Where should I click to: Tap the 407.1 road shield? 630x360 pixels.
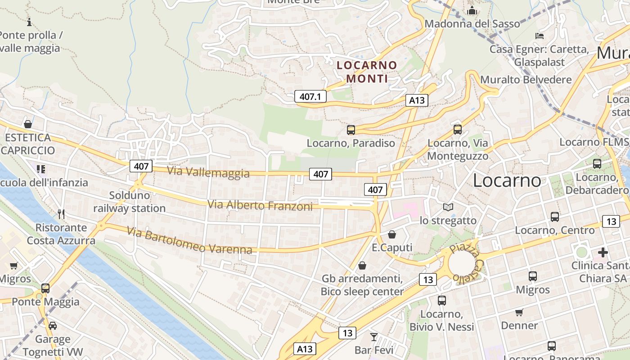(x=310, y=96)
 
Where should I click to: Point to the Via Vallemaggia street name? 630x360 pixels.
(x=208, y=172)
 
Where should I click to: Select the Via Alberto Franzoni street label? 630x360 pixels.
(x=260, y=206)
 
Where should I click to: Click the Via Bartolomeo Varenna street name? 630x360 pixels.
(x=189, y=240)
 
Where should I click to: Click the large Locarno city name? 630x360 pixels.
(x=507, y=180)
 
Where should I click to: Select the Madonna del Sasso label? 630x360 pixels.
(x=472, y=23)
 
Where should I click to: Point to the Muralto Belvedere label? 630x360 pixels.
(x=526, y=80)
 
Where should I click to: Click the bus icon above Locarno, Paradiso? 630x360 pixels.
(x=351, y=130)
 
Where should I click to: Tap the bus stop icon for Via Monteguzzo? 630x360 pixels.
(x=457, y=130)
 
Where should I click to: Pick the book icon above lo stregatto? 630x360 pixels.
(x=448, y=207)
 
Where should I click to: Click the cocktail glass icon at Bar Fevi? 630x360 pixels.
(x=373, y=337)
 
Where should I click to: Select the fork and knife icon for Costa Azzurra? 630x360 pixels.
(x=61, y=214)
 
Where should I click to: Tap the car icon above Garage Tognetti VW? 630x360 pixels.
(x=53, y=326)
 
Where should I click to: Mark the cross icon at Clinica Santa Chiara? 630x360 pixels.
(x=603, y=252)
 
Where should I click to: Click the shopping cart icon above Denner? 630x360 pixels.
(x=519, y=312)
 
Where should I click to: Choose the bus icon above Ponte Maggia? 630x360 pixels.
(x=45, y=288)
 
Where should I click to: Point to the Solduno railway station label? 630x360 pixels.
(x=129, y=202)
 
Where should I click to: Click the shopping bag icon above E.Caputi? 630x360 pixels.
(x=391, y=234)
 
